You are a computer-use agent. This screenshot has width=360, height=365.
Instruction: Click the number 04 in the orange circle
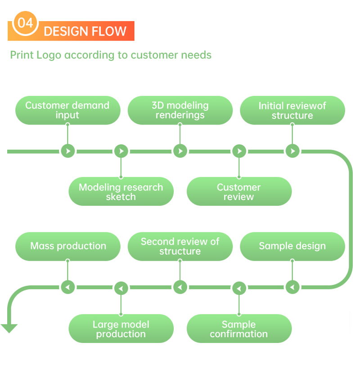[25, 23]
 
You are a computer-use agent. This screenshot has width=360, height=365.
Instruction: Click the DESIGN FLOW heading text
[85, 31]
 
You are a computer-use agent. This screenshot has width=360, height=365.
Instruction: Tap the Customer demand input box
[67, 110]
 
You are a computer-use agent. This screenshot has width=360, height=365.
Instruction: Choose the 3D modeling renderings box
[180, 110]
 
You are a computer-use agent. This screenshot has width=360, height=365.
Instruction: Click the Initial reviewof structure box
[292, 111]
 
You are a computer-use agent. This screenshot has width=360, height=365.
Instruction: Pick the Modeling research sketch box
[121, 192]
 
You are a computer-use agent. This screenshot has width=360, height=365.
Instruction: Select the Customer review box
[239, 192]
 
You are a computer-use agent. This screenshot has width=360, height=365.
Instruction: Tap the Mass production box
[68, 246]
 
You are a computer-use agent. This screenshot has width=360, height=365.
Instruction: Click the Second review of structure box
[180, 246]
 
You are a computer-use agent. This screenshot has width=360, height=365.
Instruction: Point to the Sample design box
[292, 246]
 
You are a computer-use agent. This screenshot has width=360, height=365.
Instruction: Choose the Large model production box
[121, 329]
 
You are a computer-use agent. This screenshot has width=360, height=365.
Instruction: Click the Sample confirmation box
[239, 329]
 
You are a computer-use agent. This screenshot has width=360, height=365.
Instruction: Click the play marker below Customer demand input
[67, 151]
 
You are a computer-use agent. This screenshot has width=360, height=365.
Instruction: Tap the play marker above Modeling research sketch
[121, 151]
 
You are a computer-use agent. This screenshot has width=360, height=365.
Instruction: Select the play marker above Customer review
[239, 151]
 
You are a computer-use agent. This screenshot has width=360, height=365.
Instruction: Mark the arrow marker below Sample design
[292, 287]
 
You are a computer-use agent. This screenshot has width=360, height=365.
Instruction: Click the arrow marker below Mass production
[67, 287]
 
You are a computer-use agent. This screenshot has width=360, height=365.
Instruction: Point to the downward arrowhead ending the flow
[9, 328]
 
